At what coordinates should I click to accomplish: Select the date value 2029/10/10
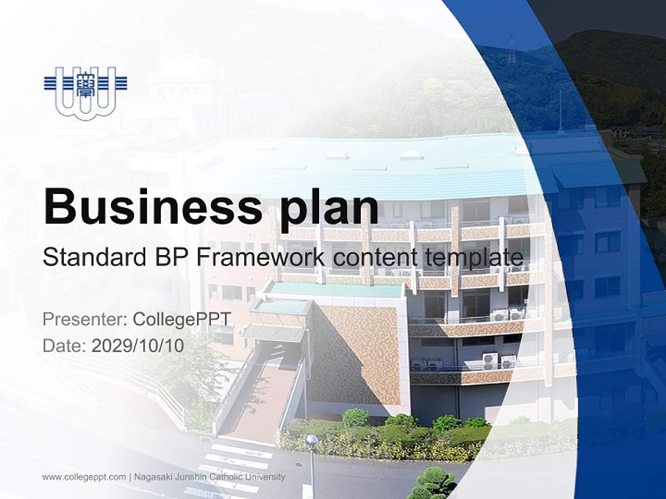click(138, 346)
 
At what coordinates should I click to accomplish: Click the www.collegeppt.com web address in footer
click(84, 478)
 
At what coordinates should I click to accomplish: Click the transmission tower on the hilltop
click(511, 51)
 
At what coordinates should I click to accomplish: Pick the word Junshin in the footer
click(189, 478)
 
